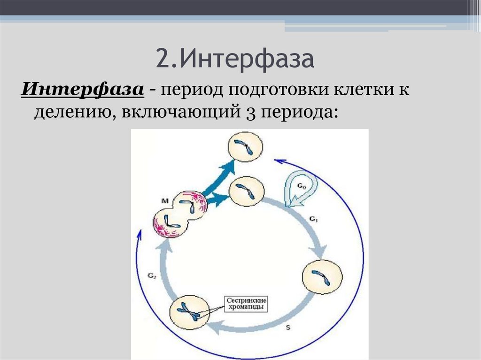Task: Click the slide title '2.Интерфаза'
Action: click(235, 60)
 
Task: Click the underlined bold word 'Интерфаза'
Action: click(82, 88)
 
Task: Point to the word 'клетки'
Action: click(360, 88)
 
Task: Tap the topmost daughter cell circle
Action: click(245, 146)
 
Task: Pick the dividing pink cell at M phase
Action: click(178, 214)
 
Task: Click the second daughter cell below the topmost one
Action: click(247, 191)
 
